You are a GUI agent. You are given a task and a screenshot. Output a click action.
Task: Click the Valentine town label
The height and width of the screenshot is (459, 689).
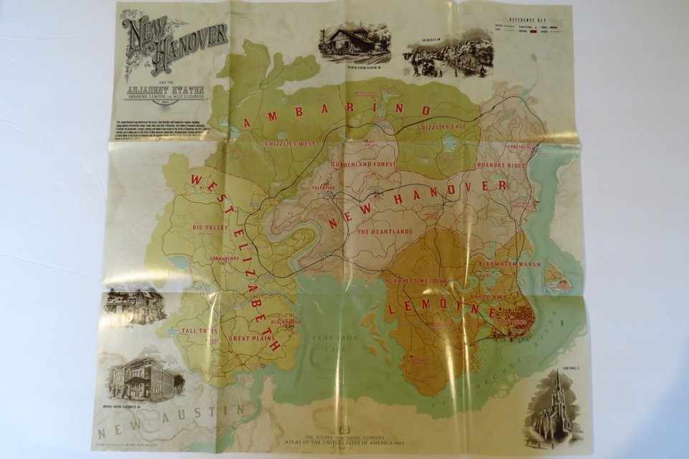[x=324, y=187]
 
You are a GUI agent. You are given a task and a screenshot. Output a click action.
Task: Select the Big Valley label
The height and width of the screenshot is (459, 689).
[x=210, y=227]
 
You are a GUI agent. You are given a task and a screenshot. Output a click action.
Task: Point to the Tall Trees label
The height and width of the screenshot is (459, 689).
[x=199, y=331]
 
